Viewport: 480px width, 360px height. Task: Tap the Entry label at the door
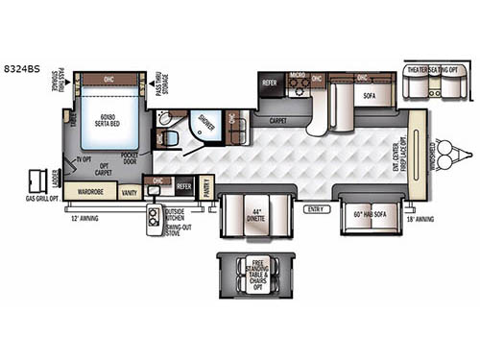[x=316, y=208]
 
